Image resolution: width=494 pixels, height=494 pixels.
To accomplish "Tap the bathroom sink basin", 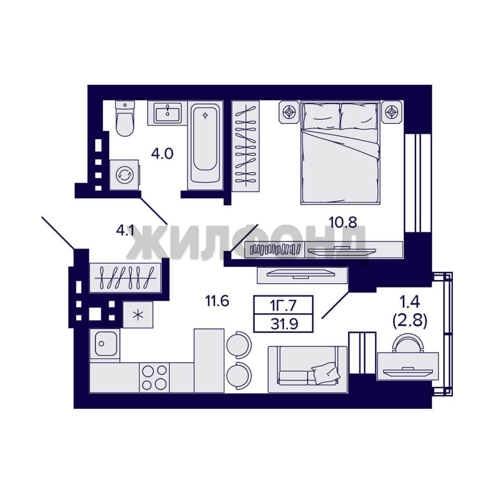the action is pos(167,113).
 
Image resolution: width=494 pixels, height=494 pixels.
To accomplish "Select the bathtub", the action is pos(205,145).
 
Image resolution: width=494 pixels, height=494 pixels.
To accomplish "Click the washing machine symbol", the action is pos(124,175).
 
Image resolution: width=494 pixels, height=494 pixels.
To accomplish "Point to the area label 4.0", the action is pos(162,154).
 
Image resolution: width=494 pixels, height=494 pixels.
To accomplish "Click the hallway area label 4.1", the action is pos(125,231).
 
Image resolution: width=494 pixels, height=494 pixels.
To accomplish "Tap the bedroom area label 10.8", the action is pos(343,222).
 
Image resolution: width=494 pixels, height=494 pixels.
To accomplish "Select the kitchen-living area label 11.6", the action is pos(217,301).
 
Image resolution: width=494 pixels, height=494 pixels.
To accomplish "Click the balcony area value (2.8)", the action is pos(410,321).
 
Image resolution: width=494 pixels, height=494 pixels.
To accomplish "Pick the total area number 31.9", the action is pos(284,323).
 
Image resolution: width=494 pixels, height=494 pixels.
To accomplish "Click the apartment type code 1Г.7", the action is pos(283,305).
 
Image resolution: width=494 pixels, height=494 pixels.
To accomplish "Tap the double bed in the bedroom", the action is pos(340,153).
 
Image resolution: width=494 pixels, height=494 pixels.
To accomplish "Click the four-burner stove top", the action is pos(155,377).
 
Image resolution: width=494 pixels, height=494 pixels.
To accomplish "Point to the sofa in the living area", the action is pos(307,369).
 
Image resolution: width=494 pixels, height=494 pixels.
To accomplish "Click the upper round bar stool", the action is pos(239,345).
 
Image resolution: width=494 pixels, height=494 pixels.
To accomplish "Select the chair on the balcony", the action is pos(408,344).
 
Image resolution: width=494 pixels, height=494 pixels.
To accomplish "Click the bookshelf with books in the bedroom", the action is pos(275,250).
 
